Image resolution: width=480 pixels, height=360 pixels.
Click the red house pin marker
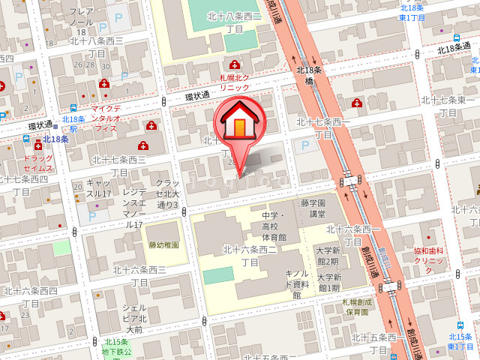point(238,123)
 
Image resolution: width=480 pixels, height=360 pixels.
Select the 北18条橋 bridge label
point(309,76)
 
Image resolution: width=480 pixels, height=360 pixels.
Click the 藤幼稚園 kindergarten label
point(163,244)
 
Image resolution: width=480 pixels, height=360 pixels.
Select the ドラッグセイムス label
point(38,163)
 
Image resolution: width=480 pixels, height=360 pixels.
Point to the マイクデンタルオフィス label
point(106,118)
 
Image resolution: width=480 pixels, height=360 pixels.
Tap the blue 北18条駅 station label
point(73,124)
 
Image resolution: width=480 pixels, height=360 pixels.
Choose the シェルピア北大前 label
point(133,318)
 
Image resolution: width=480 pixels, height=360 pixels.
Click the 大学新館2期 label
point(328,256)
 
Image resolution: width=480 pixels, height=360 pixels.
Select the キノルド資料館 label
point(296,284)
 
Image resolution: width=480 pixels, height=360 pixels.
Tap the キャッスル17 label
point(98,188)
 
